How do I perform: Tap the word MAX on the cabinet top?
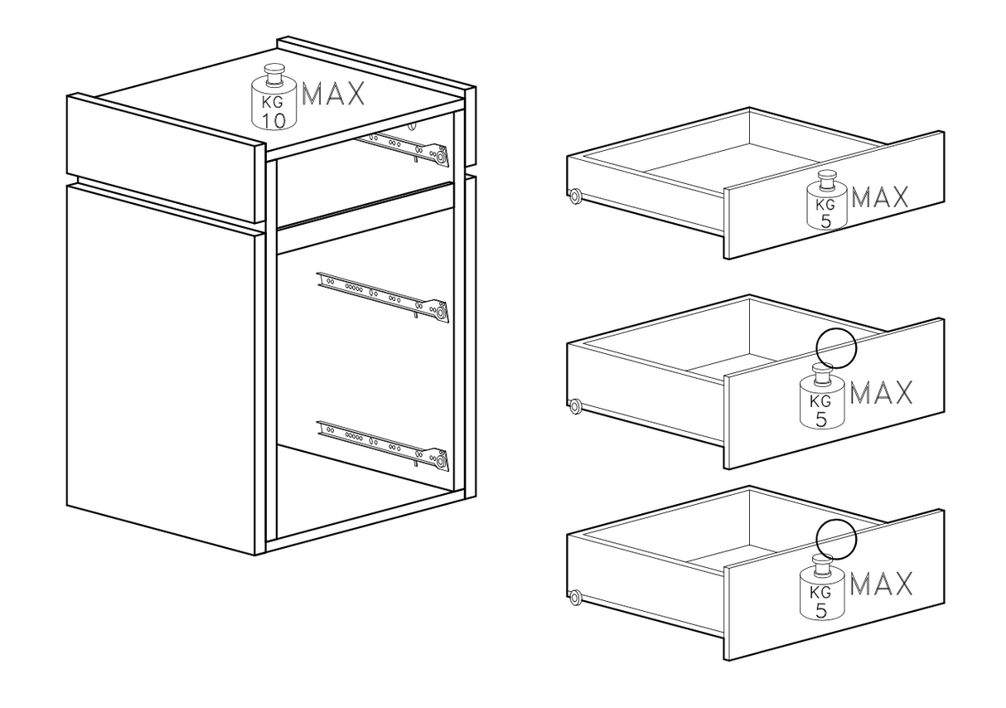click(333, 95)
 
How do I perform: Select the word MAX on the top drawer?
click(880, 197)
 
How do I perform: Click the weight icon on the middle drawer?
click(821, 398)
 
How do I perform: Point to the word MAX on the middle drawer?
click(882, 393)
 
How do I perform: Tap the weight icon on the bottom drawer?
click(821, 588)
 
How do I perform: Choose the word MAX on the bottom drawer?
click(882, 584)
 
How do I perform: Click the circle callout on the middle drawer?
click(835, 347)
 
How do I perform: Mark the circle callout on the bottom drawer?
click(835, 537)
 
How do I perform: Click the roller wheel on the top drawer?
click(573, 196)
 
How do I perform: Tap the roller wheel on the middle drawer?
click(573, 406)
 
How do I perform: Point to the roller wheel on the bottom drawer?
click(573, 597)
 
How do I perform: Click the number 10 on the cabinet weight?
click(274, 120)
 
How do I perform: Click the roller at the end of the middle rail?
click(442, 313)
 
